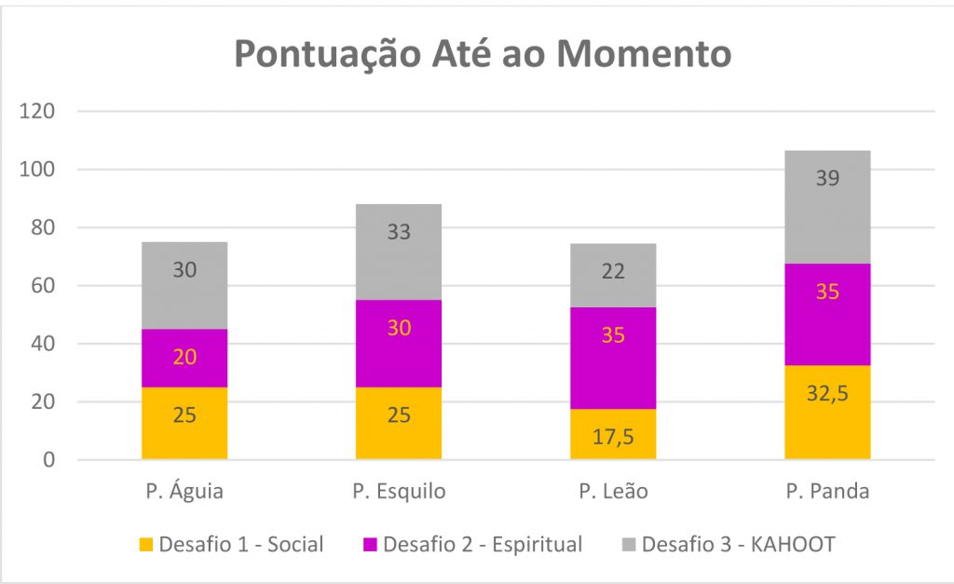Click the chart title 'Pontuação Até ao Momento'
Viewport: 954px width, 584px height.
point(483,54)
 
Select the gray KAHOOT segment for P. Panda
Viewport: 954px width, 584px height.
point(827,207)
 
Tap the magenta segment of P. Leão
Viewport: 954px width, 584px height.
point(613,358)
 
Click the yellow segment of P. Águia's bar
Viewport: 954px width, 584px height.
point(184,424)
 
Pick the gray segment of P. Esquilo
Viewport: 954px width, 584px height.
point(399,251)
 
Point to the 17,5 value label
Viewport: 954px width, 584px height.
point(613,437)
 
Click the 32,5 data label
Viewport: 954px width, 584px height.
point(827,394)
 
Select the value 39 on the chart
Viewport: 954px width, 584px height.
point(827,178)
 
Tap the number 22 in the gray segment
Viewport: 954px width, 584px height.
point(613,271)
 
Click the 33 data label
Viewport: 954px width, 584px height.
point(399,232)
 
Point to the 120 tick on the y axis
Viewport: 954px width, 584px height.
point(37,112)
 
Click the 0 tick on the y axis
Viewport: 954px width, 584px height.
point(48,460)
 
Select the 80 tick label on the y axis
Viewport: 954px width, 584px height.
point(43,227)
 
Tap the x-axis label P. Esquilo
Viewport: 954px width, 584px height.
point(399,491)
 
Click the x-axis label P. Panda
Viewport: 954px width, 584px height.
point(827,491)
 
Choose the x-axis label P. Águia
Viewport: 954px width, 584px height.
point(184,490)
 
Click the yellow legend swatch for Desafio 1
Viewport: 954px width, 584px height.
point(146,545)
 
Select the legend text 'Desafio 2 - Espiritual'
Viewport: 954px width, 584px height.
point(483,544)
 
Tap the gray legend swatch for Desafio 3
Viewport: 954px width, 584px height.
point(629,545)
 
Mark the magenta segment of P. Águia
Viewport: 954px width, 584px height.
point(184,359)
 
